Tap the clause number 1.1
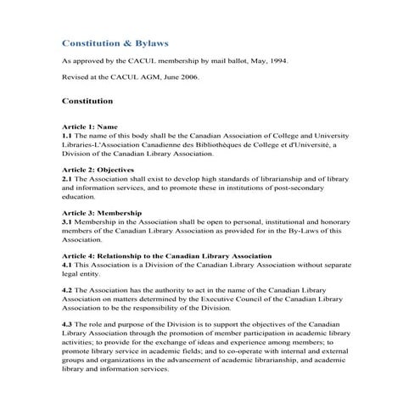tap(68, 135)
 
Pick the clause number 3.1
tap(68, 221)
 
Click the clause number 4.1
tap(68, 264)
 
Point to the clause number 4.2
tap(68, 290)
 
